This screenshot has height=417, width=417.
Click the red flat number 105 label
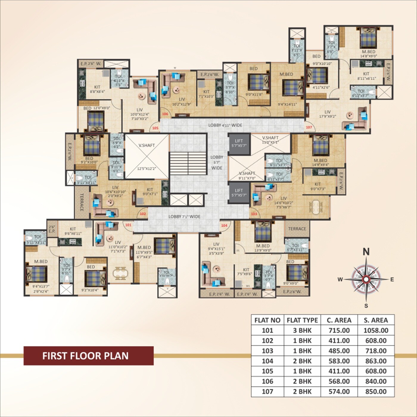tap(155, 128)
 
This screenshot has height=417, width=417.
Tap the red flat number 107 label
tap(309, 127)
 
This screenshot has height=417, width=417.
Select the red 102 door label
tap(143, 214)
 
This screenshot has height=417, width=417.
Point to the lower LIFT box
tap(239, 193)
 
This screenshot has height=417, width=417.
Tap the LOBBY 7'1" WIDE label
tap(184, 217)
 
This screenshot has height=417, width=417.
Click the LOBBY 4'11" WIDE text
tap(225, 125)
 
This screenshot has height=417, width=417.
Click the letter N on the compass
tap(366, 252)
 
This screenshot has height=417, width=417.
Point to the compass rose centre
tap(366, 279)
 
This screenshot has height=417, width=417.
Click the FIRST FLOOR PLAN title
tap(85, 356)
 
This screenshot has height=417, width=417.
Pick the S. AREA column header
tap(376, 320)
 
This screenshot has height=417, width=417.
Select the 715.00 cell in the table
tap(339, 330)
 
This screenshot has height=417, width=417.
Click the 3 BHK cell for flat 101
tap(302, 330)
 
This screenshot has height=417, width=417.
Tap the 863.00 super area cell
tap(376, 361)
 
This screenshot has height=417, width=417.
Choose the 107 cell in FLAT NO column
tap(267, 391)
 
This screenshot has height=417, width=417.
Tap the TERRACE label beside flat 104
tap(297, 229)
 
